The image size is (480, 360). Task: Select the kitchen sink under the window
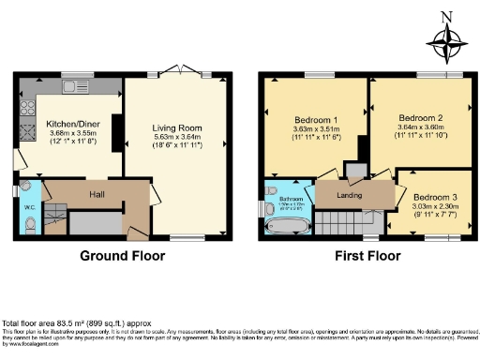point(74,86)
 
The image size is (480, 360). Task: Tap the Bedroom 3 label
point(436,197)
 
